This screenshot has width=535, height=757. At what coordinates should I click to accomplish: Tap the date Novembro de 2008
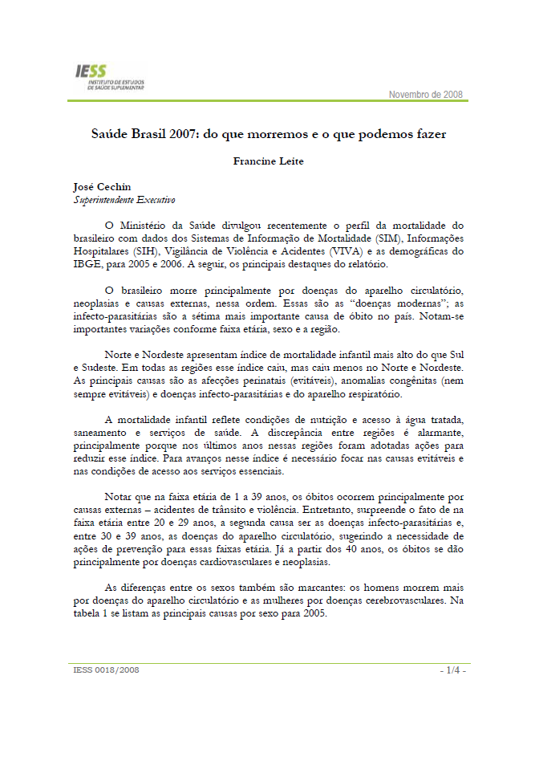pyautogui.click(x=425, y=95)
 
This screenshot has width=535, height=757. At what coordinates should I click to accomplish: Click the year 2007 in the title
pyautogui.click(x=180, y=135)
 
